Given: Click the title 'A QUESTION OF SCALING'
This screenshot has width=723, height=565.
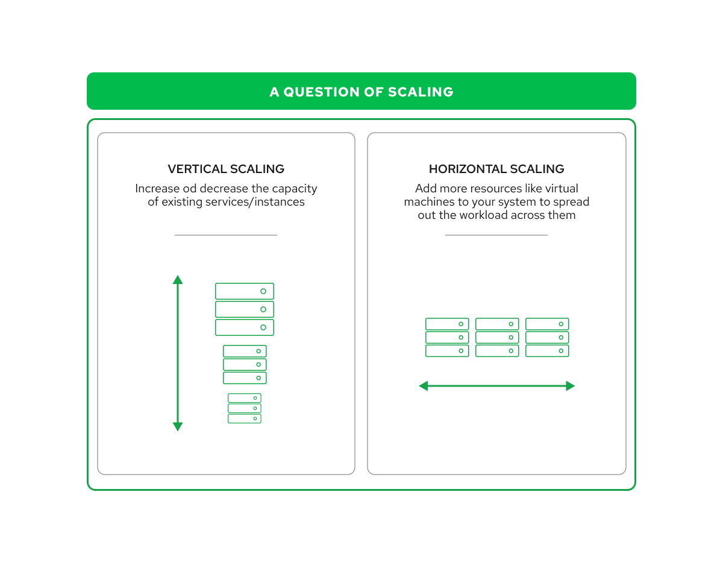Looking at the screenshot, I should tap(361, 92).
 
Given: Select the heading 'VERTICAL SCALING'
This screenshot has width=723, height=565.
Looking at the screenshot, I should tap(226, 169).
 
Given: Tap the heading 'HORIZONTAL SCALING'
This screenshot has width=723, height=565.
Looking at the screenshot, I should tap(496, 169).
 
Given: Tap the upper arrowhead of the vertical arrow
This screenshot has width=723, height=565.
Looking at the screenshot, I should tap(178, 280).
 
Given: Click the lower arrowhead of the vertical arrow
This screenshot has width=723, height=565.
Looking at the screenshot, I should tap(178, 426).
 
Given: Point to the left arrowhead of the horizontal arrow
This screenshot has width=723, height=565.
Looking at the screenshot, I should tap(424, 386).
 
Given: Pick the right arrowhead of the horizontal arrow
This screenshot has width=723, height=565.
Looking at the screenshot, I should tap(570, 386).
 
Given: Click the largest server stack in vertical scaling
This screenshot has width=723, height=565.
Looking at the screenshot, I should tap(245, 309).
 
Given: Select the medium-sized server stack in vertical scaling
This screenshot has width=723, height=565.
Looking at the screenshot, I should tap(245, 364).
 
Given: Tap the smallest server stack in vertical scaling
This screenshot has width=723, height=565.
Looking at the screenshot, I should tap(245, 408).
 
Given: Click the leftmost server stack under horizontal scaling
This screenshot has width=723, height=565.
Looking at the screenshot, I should tap(447, 338).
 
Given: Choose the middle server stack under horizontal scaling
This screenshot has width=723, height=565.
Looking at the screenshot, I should tap(497, 338).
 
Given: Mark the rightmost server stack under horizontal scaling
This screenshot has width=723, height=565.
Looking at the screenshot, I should tap(547, 338).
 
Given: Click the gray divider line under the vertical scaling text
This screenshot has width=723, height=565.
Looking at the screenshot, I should tap(226, 235).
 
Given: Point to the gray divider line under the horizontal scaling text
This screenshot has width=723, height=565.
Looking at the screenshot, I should tap(496, 235).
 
